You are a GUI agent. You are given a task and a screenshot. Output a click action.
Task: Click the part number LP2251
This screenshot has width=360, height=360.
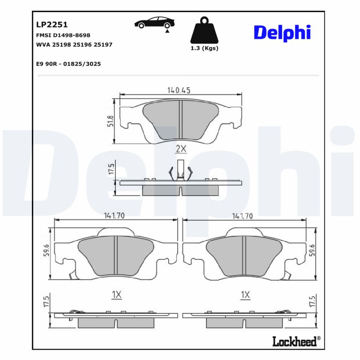tap(51, 25)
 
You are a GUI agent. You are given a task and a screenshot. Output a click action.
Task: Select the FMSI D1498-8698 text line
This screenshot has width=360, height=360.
tap(63, 35)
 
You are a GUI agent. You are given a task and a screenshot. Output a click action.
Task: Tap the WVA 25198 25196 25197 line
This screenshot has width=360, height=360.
tap(74, 45)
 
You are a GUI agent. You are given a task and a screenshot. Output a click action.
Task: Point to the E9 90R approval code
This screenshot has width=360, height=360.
tap(68, 64)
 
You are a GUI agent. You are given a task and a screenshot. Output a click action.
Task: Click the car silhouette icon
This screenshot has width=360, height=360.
tap(155, 23)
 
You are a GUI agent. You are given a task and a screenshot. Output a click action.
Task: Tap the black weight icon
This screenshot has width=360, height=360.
tap(204, 30)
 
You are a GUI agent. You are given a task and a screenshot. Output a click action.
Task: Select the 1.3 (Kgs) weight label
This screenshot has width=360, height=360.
tap(204, 48)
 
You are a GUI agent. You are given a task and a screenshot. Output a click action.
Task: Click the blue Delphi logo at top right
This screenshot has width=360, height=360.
tap(282, 33)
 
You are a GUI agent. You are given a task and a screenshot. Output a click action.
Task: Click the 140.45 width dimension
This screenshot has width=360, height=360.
tap(179, 90)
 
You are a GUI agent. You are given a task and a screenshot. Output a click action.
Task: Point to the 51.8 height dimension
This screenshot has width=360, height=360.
tap(110, 121)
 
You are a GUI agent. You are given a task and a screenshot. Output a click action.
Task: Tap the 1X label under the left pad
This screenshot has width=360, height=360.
tap(117, 295)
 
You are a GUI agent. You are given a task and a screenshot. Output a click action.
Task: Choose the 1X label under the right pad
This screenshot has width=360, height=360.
tap(245, 295)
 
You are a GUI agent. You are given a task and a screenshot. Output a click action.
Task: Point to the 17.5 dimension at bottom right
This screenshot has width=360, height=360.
tap(312, 302)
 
